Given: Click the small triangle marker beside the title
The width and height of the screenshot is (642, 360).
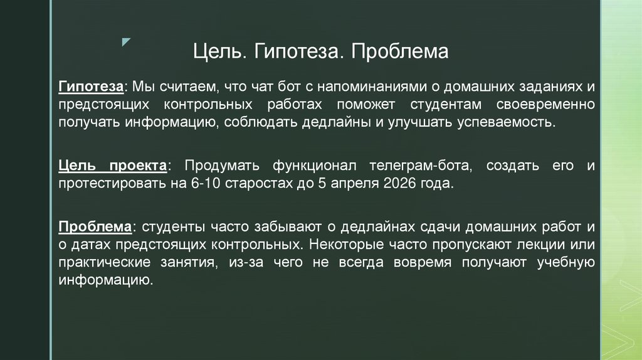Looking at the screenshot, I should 127,42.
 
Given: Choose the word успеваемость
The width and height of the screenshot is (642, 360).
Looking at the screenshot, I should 508,121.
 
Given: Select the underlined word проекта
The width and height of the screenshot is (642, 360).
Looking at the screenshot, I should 139,166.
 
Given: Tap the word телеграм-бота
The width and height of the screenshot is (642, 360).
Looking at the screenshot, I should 416,166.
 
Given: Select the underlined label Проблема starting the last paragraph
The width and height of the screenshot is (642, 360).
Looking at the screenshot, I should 95,227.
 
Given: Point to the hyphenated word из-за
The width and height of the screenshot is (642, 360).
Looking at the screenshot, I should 236,263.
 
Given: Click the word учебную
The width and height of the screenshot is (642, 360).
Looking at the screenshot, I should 566,263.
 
